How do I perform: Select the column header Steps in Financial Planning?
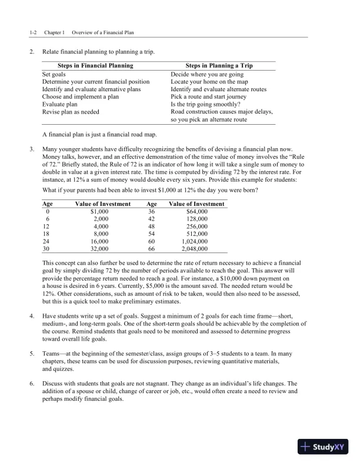(95, 65)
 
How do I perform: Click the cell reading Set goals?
(55, 75)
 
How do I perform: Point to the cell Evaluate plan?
(60, 104)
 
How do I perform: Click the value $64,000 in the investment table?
(196, 211)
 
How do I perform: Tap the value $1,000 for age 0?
(99, 211)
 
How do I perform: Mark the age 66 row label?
(151, 248)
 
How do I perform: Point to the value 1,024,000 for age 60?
(196, 241)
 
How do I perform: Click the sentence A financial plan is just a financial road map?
(106, 134)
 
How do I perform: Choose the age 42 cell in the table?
(151, 218)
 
